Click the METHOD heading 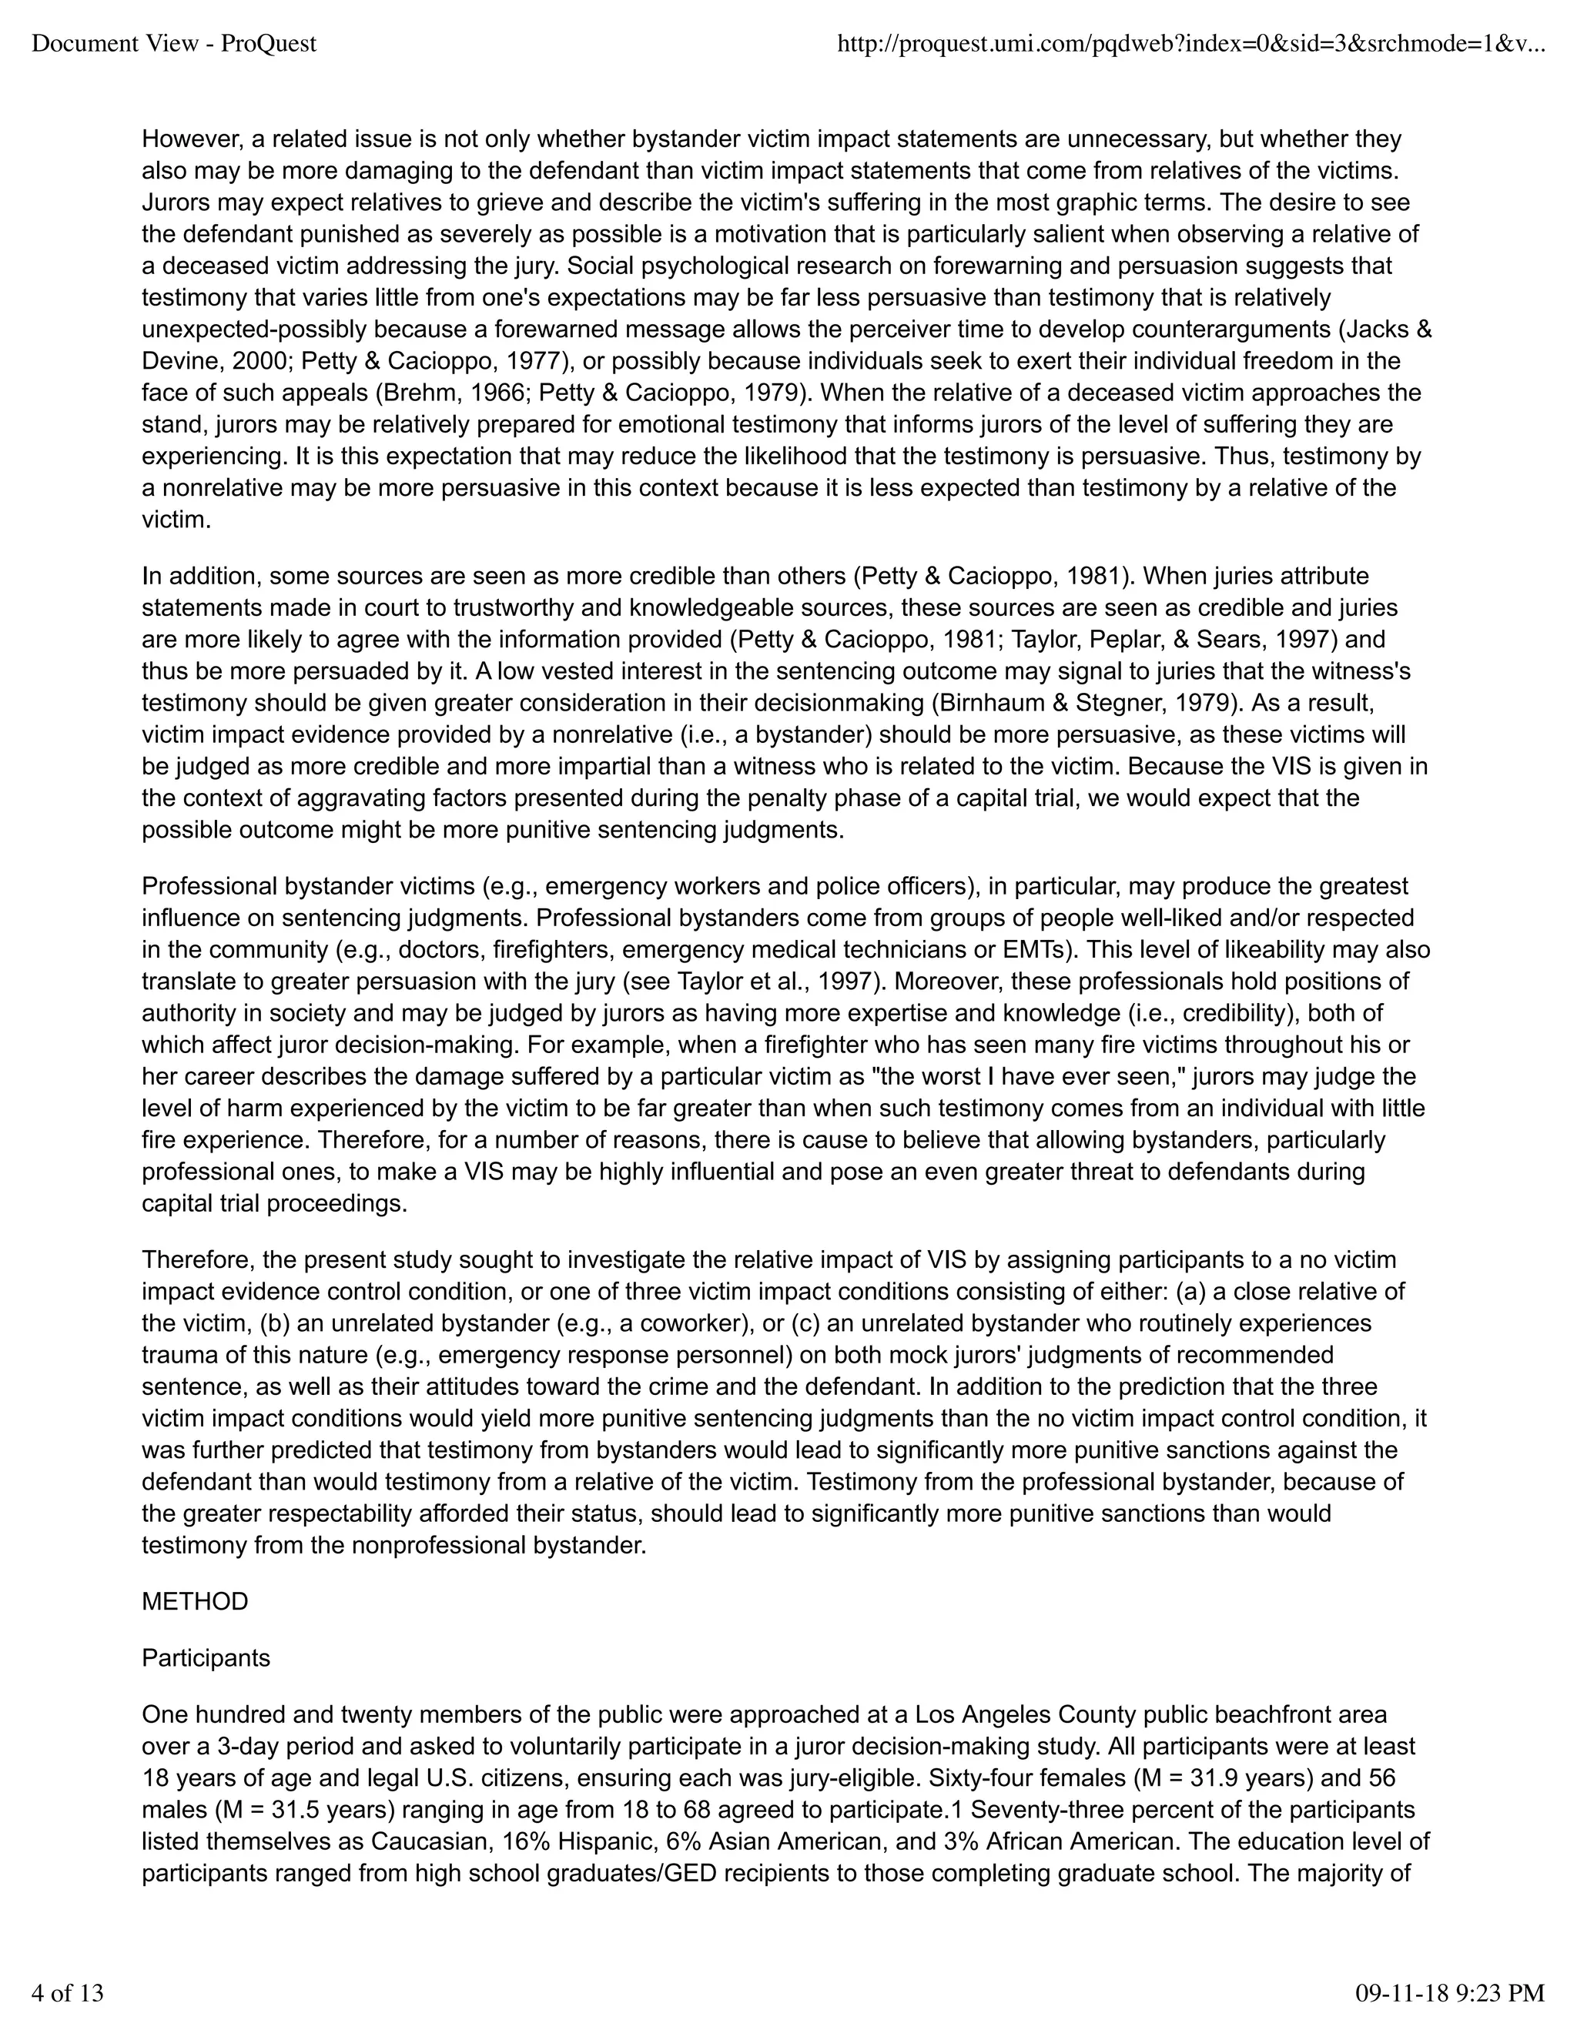pos(194,1602)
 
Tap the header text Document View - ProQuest pos(174,43)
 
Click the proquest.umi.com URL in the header pos(1190,43)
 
